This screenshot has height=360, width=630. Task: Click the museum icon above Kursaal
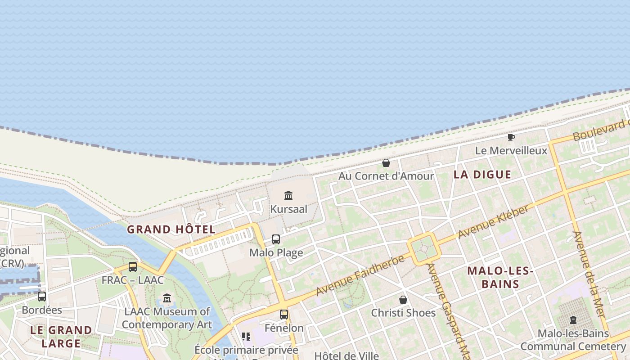288,196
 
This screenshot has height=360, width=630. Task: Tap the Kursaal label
288,209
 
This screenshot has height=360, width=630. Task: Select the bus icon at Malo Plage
276,239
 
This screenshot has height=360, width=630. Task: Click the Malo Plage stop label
276,252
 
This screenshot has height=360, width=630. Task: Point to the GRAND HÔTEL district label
171,229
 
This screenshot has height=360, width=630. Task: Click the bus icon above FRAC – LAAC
133,266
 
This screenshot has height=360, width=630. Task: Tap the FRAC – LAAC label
133,279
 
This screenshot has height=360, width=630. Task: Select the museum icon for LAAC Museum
167,298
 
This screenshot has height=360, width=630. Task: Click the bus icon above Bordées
42,297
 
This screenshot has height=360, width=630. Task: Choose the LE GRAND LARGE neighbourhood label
61,337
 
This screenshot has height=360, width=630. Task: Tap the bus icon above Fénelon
284,315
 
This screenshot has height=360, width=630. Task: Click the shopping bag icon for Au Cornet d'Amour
386,163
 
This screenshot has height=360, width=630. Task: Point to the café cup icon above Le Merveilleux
511,137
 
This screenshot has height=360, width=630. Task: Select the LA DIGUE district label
482,175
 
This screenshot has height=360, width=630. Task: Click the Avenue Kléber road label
494,222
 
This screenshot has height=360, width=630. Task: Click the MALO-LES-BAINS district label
500,277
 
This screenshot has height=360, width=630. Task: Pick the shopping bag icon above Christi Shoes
403,300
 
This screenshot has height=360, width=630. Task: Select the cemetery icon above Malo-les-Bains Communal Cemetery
573,320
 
